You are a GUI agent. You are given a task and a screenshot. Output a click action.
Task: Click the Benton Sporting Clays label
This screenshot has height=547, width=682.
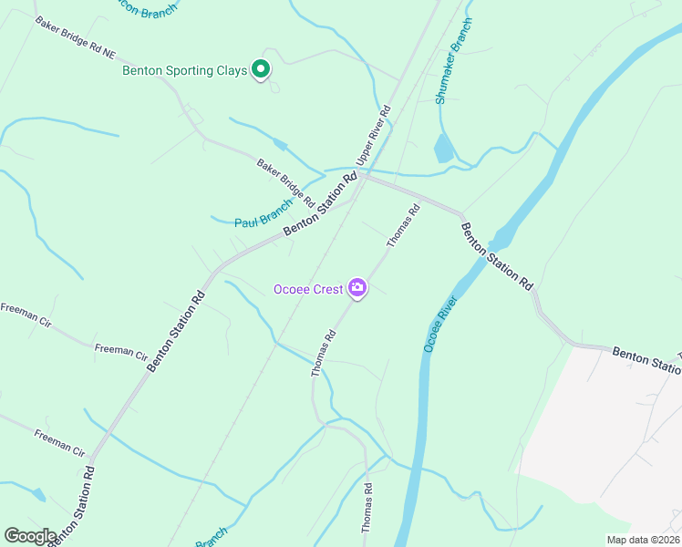pos(185,71)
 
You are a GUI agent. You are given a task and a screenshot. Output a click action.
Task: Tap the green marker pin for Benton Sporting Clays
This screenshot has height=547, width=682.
pos(261,68)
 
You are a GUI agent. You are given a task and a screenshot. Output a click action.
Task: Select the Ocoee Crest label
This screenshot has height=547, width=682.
pos(308,290)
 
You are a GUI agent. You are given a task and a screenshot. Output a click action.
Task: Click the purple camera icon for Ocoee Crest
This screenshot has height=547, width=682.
pos(356,289)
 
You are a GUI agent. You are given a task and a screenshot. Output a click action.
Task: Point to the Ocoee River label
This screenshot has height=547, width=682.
pos(439,324)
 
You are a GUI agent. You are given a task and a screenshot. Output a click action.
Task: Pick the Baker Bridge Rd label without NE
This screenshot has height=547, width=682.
pos(285,182)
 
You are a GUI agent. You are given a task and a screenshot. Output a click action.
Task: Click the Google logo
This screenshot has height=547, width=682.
pos(30,536)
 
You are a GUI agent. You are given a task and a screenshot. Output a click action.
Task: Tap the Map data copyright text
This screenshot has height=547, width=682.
pos(642,540)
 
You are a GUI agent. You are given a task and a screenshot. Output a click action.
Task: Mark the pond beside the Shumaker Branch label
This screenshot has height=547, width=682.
pos(444,148)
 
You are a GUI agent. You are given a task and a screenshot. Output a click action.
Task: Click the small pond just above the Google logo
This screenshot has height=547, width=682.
pos(37,495)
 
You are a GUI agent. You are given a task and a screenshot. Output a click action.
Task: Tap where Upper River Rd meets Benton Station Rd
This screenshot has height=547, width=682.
pos(362,179)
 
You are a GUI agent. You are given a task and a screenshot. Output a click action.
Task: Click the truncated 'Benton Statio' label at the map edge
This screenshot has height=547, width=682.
pos(646,359)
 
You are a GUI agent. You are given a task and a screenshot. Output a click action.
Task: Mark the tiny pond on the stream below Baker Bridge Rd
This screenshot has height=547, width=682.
pos(280,145)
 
